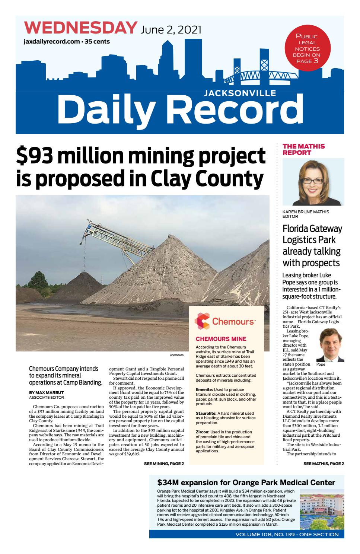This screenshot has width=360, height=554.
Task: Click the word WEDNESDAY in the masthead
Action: tap(80, 28)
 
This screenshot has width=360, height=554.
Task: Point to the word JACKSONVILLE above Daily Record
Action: tap(240, 94)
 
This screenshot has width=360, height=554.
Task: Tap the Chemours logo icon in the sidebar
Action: tap(202, 321)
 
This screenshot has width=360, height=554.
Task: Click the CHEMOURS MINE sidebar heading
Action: tap(221, 339)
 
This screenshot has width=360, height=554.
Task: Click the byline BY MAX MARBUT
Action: tap(47, 392)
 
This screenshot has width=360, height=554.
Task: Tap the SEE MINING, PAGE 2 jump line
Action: tap(163, 464)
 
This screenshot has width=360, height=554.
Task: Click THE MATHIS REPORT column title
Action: tap(303, 149)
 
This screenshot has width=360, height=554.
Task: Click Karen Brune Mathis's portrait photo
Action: tap(313, 182)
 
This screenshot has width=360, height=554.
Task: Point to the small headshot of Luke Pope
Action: tap(330, 344)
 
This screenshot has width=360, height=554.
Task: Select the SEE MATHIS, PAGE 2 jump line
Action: tap(323, 464)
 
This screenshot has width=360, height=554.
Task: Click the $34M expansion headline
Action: tap(246, 483)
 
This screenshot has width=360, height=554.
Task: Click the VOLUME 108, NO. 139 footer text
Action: tap(287, 534)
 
